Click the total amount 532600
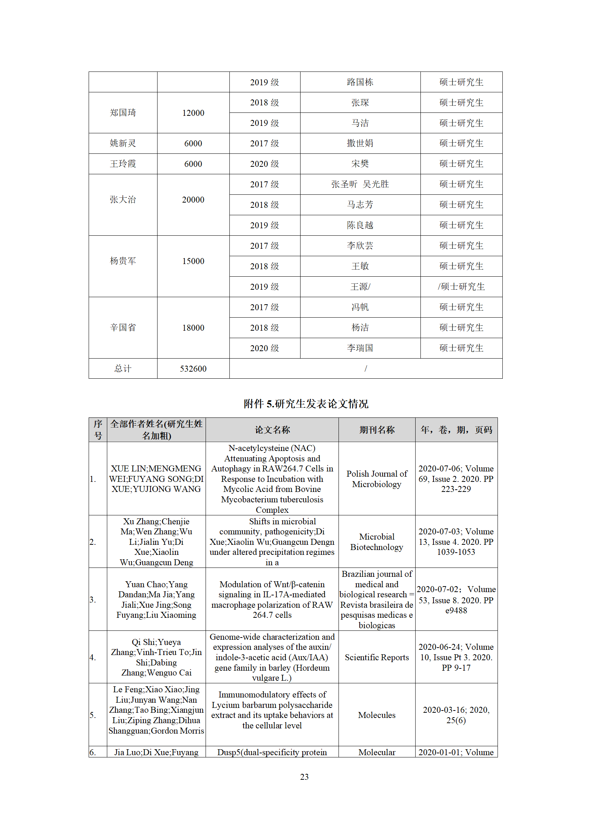coord(193,369)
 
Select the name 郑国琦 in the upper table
coord(123,113)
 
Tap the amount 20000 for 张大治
coord(193,200)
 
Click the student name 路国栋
coord(360,82)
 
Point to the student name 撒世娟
coord(360,143)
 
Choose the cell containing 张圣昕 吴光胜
coord(360,184)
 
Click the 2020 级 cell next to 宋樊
coord(264,164)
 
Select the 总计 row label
coord(123,369)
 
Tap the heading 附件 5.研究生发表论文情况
coord(306,404)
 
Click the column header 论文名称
coord(272,430)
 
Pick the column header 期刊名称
coord(376,430)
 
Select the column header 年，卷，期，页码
coord(456,430)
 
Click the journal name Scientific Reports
coord(376,657)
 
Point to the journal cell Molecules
coord(376,715)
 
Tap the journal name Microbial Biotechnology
coord(376,542)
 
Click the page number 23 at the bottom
coord(304,777)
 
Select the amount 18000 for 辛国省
coord(193,328)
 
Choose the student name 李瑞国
coord(360,348)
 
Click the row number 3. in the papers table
coord(93,600)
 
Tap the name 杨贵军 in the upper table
coord(123,261)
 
